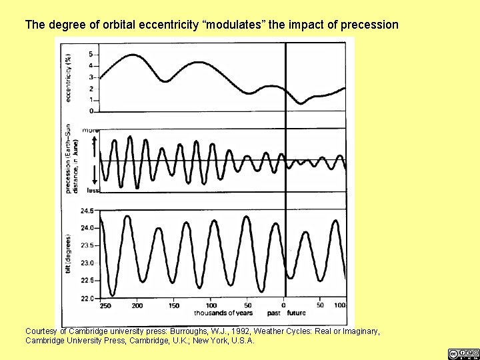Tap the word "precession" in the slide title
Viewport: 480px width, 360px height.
(369, 25)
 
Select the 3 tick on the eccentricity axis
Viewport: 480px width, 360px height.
(91, 77)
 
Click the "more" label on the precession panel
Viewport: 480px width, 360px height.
(90, 130)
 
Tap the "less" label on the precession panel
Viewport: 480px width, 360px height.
(90, 190)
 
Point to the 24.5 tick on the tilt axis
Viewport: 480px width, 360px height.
(87, 211)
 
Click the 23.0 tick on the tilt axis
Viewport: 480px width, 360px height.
(87, 263)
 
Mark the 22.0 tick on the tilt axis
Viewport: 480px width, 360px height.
(87, 298)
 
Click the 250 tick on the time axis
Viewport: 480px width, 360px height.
(105, 306)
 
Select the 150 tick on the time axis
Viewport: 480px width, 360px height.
(173, 306)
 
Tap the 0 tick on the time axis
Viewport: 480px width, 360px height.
(284, 306)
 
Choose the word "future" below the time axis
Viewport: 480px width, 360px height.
(296, 313)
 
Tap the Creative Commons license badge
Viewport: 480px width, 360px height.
(463, 353)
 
